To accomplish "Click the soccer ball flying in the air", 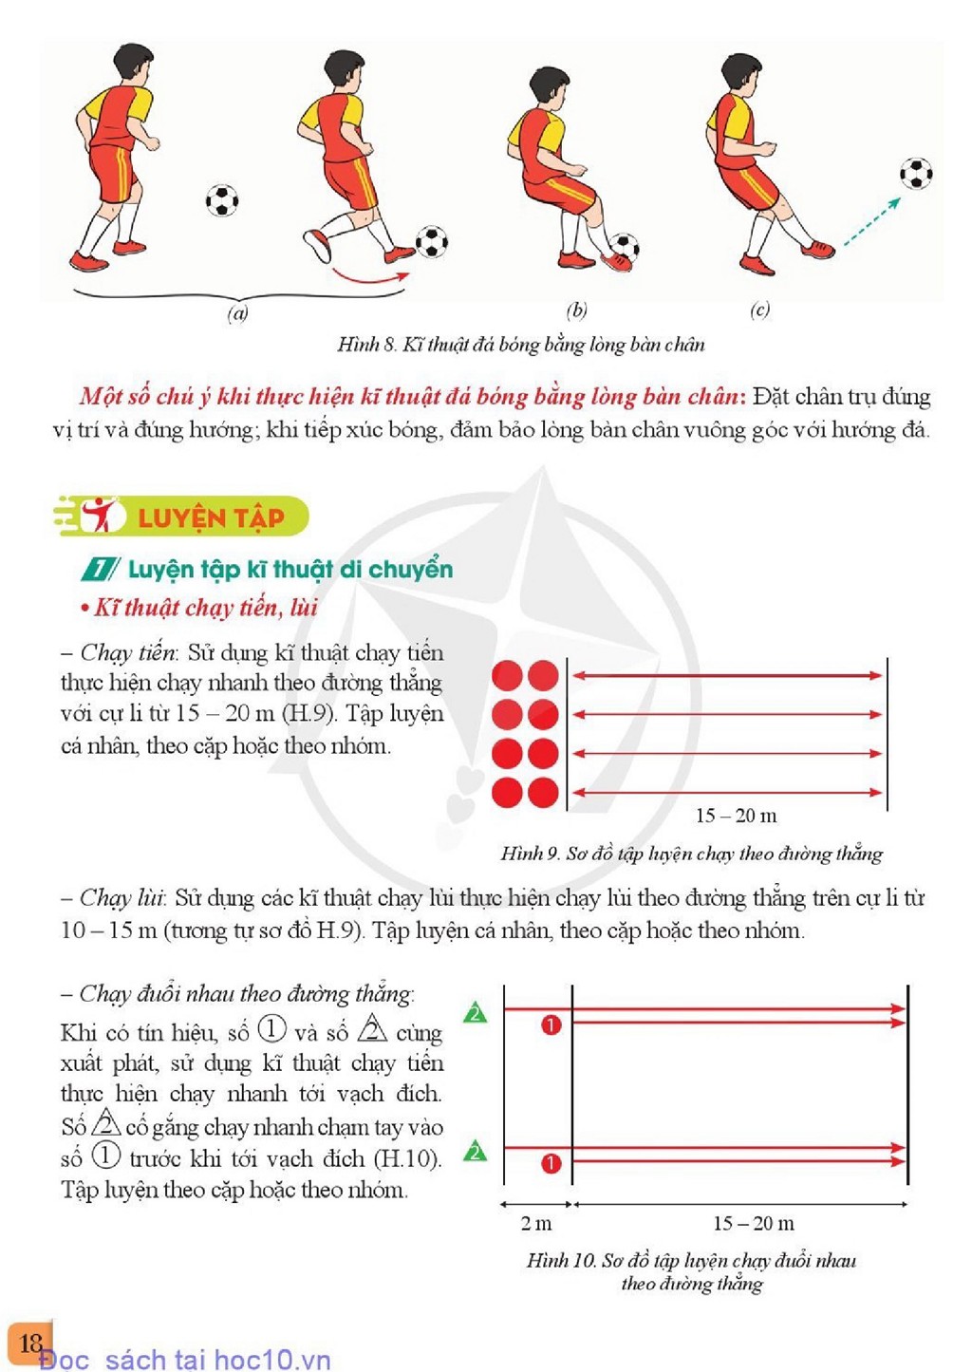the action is [916, 173].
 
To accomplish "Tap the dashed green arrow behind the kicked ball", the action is [871, 222].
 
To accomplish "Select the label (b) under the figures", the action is [576, 311].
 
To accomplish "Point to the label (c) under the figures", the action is [759, 310].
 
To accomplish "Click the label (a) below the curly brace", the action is [237, 313].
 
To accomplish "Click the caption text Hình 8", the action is [366, 344].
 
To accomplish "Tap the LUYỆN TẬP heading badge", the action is [181, 517].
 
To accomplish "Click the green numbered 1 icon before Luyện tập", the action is [98, 570].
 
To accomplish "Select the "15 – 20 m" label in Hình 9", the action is [737, 816].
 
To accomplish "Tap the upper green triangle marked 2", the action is [475, 1012].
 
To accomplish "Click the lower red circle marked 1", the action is [551, 1163].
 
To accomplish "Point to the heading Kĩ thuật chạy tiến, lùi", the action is [199, 608].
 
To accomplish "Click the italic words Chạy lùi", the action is [121, 898].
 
